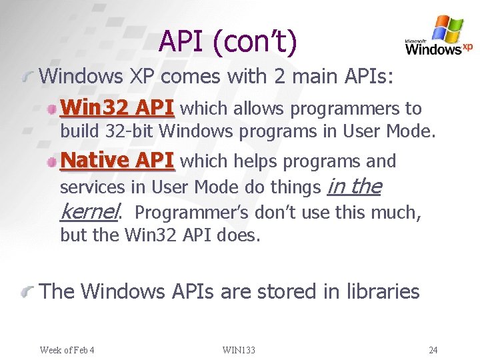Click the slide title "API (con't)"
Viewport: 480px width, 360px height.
pyautogui.click(x=227, y=43)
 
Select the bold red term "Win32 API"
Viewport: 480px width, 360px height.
pyautogui.click(x=117, y=108)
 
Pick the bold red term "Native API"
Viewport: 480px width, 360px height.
pyautogui.click(x=117, y=161)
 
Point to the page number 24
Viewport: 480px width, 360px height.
pyautogui.click(x=433, y=350)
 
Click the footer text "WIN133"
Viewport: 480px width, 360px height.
pyautogui.click(x=239, y=350)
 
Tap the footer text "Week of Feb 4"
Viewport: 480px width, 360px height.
pyautogui.click(x=67, y=350)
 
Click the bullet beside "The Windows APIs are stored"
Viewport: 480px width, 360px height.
pyautogui.click(x=27, y=291)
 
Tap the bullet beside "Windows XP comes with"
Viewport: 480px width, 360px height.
pyautogui.click(x=27, y=77)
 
